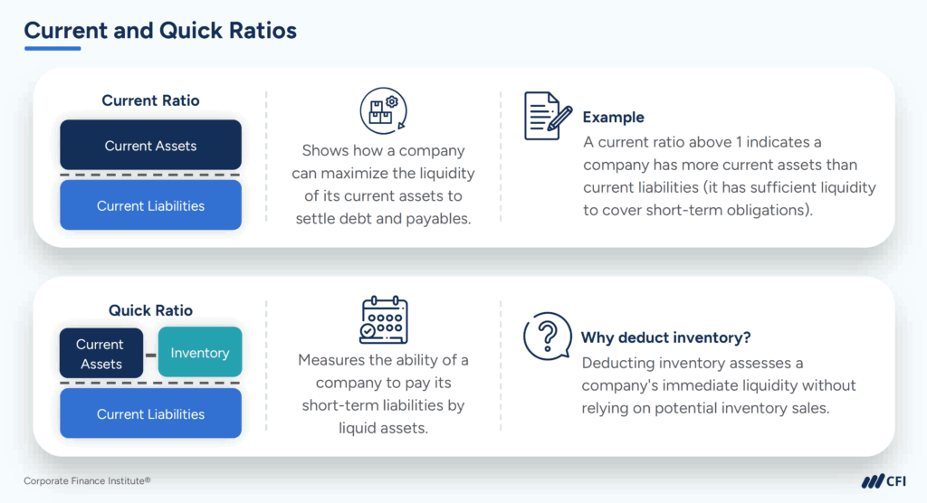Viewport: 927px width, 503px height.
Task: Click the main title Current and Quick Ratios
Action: (160, 30)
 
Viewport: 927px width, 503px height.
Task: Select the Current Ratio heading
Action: (150, 100)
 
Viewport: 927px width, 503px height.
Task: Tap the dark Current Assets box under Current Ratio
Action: (150, 146)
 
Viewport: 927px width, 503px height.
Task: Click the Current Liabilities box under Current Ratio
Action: (150, 205)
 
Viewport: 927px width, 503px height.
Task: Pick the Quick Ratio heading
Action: (150, 310)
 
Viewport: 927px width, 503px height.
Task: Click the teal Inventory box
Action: (200, 353)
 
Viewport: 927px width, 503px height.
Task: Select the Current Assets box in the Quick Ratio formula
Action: (100, 354)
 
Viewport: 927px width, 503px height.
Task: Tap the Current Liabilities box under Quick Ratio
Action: (150, 414)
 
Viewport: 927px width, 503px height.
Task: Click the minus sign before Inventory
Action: (150, 354)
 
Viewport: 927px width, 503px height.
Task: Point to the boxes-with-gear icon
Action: (382, 109)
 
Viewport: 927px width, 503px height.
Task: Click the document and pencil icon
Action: (548, 116)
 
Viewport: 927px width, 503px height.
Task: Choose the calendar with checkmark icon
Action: (383, 319)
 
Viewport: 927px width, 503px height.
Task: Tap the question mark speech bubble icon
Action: (546, 336)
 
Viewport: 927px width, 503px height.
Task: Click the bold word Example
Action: (613, 117)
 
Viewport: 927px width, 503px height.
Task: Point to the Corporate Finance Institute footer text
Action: (87, 480)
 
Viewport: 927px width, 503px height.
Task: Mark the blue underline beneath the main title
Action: (53, 49)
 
